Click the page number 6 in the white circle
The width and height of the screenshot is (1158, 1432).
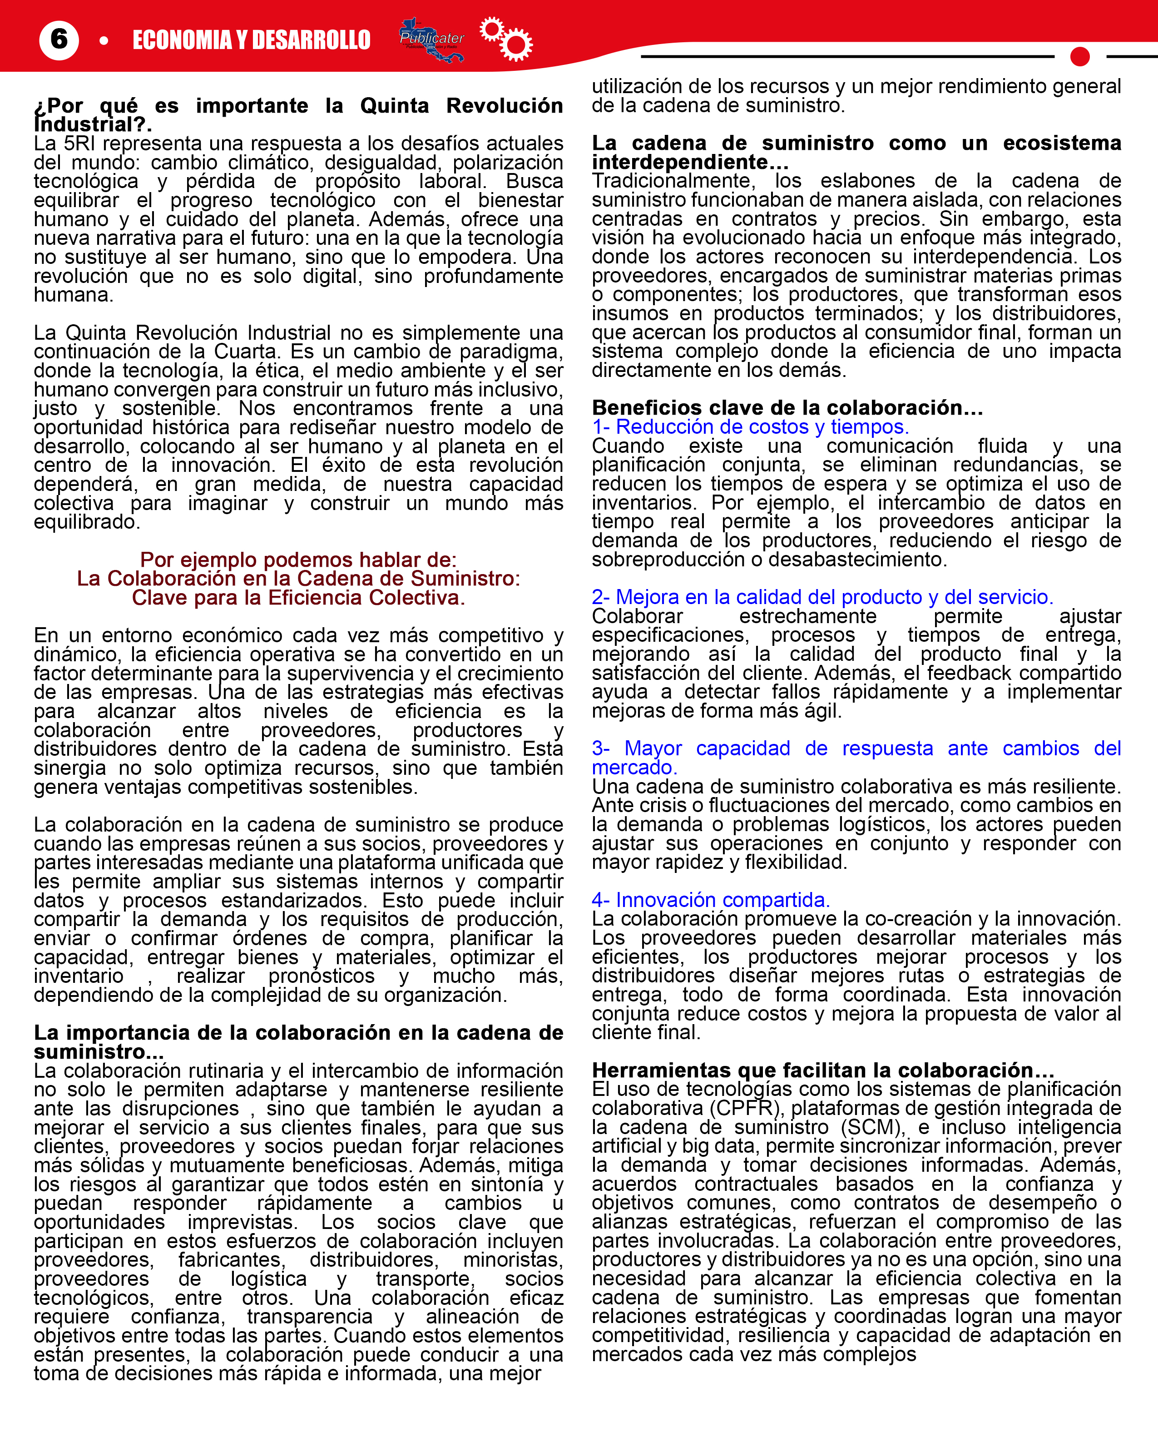point(59,40)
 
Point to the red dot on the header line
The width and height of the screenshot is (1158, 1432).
point(1079,57)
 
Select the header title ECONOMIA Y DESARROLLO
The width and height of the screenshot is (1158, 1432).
point(252,40)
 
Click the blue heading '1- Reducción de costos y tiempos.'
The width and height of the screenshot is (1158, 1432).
point(751,427)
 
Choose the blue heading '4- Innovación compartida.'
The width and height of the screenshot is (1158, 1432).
point(710,900)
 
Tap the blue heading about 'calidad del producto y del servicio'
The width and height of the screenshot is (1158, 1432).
point(822,597)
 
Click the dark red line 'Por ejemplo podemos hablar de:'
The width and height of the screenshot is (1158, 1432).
point(298,560)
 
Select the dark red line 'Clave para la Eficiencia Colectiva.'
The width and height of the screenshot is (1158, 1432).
point(298,598)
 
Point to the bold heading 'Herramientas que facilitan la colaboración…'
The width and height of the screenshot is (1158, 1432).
point(822,1070)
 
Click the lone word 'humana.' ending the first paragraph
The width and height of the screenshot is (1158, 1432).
point(74,295)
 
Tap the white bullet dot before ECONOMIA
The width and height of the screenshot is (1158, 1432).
point(104,41)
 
